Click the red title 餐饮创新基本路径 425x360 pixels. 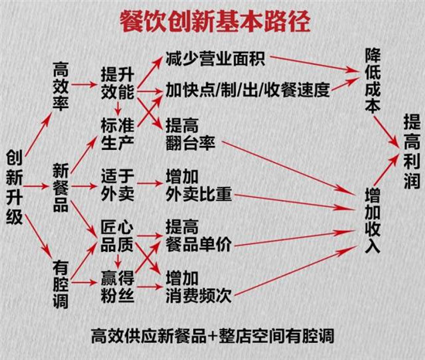click(x=215, y=22)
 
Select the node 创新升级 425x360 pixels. click(x=15, y=187)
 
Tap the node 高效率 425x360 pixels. click(x=61, y=87)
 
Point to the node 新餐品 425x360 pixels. click(x=61, y=188)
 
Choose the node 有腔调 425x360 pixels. click(x=61, y=284)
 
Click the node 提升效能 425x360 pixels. click(x=117, y=83)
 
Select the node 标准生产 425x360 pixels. click(x=117, y=134)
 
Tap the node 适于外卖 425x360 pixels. click(x=117, y=185)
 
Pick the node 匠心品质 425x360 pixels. click(x=117, y=236)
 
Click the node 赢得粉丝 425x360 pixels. click(x=117, y=287)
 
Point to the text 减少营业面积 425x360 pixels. click(x=216, y=58)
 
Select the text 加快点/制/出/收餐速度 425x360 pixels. click(x=248, y=90)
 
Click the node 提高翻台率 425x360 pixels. click(x=191, y=134)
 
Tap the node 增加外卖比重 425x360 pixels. click(x=199, y=185)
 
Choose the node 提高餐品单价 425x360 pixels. click(x=199, y=236)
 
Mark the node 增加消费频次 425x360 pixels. click(x=199, y=287)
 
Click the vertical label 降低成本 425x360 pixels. click(x=373, y=80)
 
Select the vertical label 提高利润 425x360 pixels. click(x=412, y=151)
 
